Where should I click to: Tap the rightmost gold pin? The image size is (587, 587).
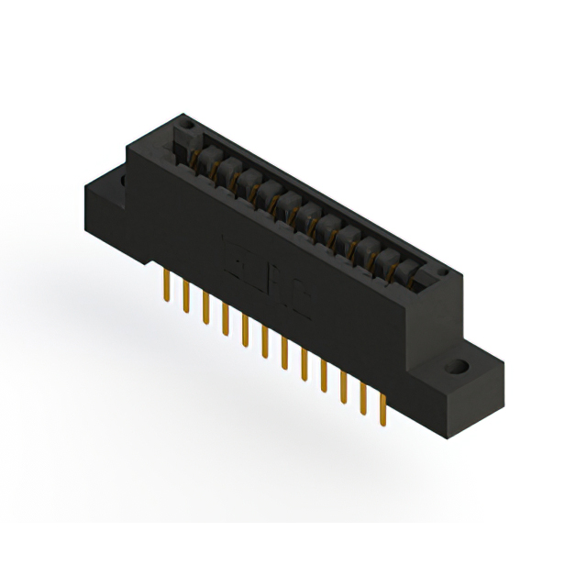point(383,410)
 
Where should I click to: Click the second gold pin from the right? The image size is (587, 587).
point(364,399)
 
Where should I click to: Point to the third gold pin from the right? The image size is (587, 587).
point(344,388)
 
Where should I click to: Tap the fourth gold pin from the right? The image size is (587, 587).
point(324,376)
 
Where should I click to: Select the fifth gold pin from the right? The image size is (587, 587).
point(305,365)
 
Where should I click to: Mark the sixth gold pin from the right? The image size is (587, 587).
point(284,353)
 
